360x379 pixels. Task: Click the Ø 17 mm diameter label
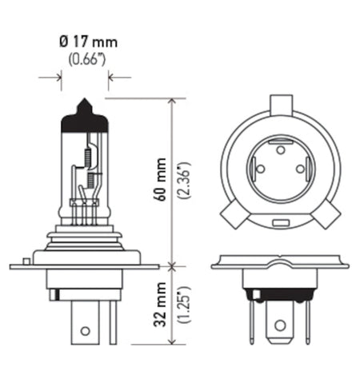pos(84,40)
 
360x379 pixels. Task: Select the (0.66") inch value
pos(84,57)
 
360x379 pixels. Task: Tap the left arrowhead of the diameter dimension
pos(58,77)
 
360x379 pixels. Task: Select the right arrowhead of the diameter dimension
pos(111,77)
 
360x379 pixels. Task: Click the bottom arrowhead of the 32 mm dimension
pos(172,346)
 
